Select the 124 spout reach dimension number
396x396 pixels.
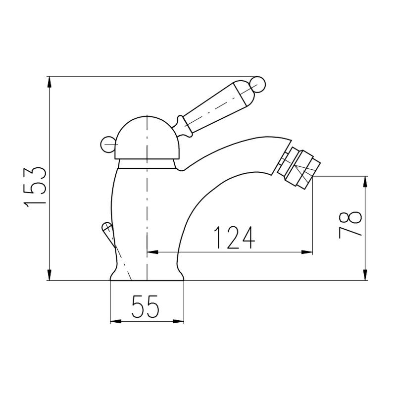pos(234,238)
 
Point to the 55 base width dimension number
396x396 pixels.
pos(145,306)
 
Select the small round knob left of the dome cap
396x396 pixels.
pos(108,144)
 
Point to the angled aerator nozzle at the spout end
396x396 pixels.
pos(299,168)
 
